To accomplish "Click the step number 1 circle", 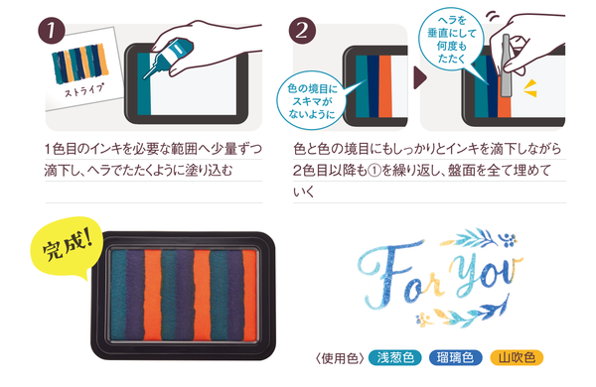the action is (51, 31).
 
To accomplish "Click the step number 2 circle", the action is (302, 31).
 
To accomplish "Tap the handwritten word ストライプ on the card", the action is (83, 90).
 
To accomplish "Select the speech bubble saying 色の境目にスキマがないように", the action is (312, 100).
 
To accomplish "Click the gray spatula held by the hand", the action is (507, 65).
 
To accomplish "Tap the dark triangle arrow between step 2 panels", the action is (419, 77).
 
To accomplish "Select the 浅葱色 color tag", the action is (395, 358).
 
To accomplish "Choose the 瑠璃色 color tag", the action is (455, 358).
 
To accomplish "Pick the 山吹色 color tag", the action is (517, 358).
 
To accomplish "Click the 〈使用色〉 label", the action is (340, 358).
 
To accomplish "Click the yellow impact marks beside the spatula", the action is (530, 88).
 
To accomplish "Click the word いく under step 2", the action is (304, 193).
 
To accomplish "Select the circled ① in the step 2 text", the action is (374, 171).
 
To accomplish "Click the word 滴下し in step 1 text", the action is (64, 171).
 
